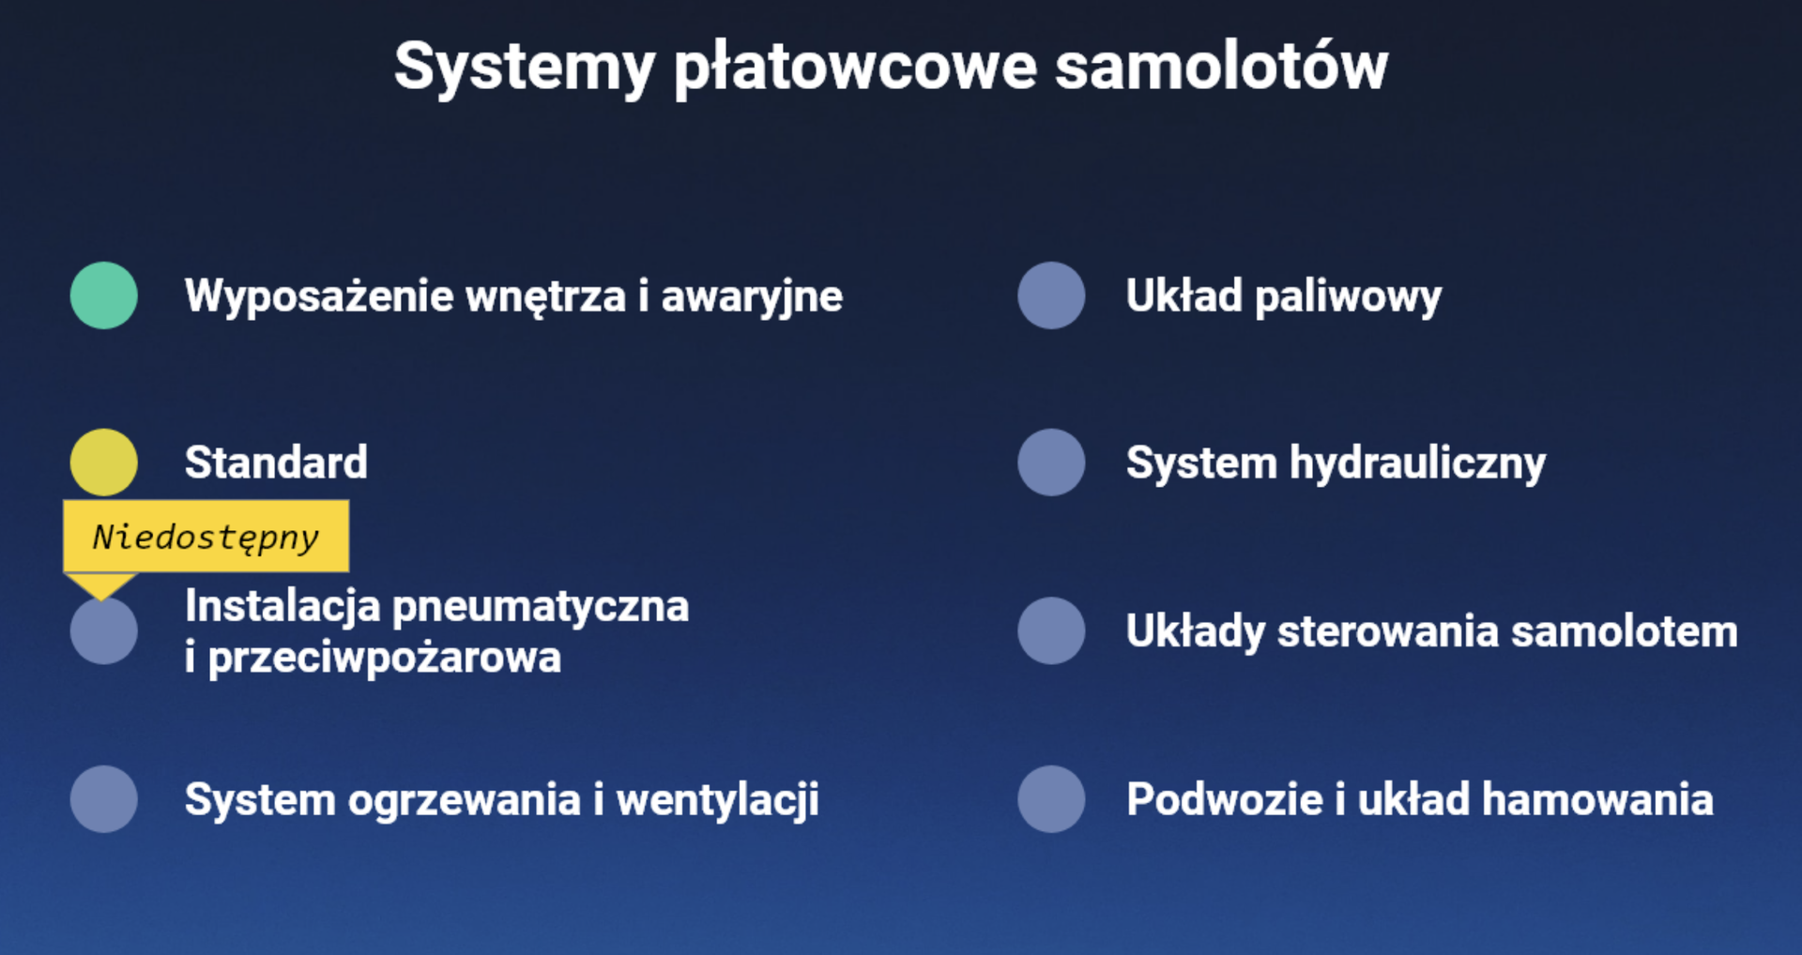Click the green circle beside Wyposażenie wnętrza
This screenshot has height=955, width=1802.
104,296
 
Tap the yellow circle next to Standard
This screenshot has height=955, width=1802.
104,462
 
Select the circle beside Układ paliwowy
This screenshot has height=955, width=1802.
1051,296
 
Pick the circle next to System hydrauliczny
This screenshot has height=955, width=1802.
1051,462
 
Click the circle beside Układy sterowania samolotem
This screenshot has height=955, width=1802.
1051,630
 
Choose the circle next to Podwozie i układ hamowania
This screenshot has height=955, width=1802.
1051,799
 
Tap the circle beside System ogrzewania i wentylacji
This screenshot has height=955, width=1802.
104,799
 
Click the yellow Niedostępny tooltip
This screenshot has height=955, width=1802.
206,537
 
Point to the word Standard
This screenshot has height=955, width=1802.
276,462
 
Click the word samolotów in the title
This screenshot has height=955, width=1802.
1221,67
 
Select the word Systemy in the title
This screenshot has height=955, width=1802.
524,67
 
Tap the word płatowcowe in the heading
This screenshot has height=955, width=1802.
855,67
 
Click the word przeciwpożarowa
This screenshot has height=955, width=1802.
385,657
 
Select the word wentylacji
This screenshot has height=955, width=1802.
717,800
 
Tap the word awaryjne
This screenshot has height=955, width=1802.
752,296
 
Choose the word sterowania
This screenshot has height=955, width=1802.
1388,630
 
